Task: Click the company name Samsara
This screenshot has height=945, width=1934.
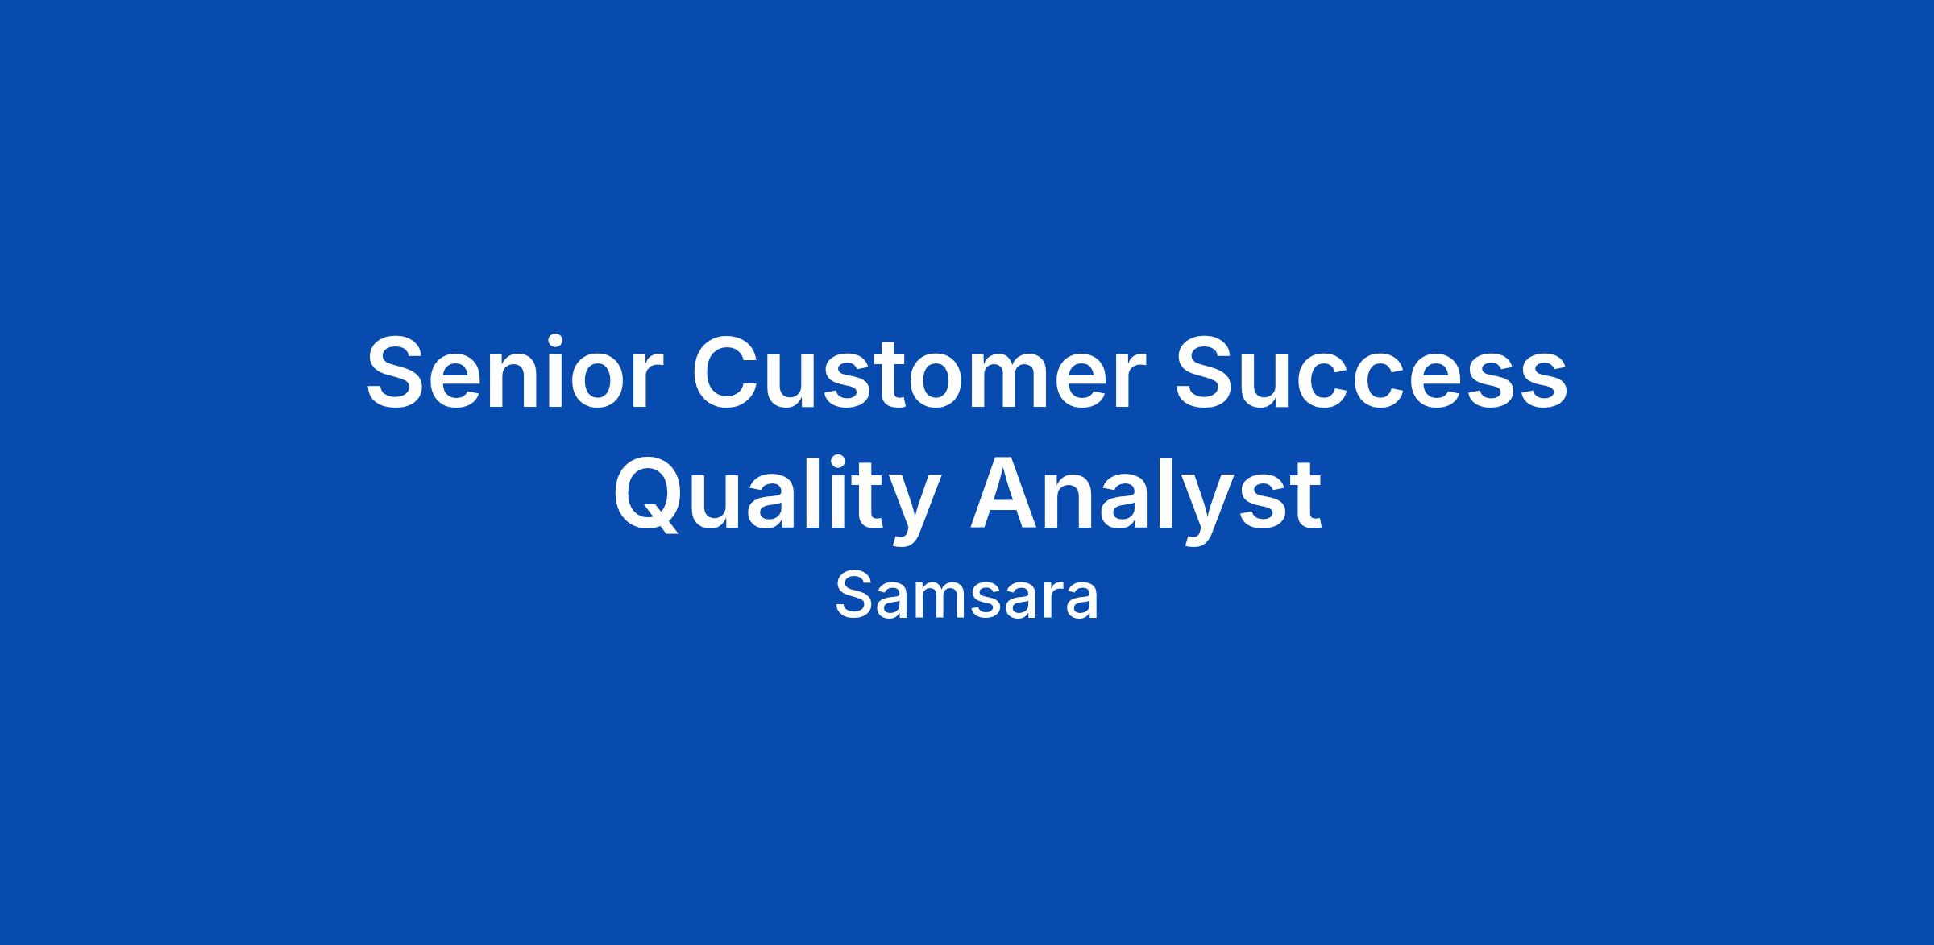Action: pos(966,596)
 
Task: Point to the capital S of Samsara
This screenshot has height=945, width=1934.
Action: pos(853,596)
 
